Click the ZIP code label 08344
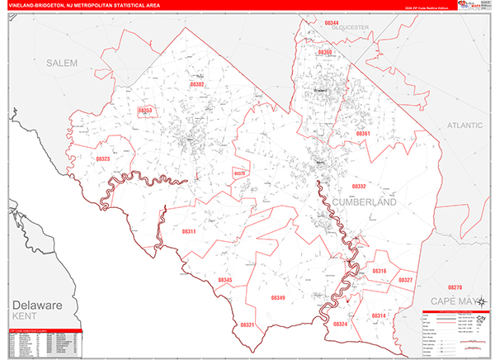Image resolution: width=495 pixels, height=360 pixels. click(x=332, y=22)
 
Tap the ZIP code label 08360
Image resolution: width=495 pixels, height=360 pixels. click(x=325, y=52)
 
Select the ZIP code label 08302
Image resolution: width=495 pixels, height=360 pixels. click(x=197, y=84)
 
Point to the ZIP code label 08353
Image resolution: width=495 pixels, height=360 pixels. click(x=145, y=110)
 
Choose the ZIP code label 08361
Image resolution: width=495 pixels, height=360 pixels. click(x=363, y=133)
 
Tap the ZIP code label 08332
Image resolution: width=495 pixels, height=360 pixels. click(x=358, y=187)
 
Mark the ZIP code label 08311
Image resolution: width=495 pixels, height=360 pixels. click(x=188, y=232)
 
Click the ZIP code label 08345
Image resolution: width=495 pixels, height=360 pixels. click(x=225, y=281)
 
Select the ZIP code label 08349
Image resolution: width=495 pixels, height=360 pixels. click(x=279, y=298)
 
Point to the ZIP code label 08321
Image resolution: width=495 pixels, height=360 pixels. click(x=247, y=325)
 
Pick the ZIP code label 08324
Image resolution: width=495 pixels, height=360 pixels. click(x=341, y=324)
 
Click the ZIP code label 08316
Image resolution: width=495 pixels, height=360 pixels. click(x=379, y=271)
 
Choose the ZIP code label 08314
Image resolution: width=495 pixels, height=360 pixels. click(x=379, y=315)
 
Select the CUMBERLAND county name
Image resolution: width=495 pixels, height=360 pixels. click(x=365, y=202)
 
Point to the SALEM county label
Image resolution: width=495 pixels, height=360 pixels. click(x=61, y=63)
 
